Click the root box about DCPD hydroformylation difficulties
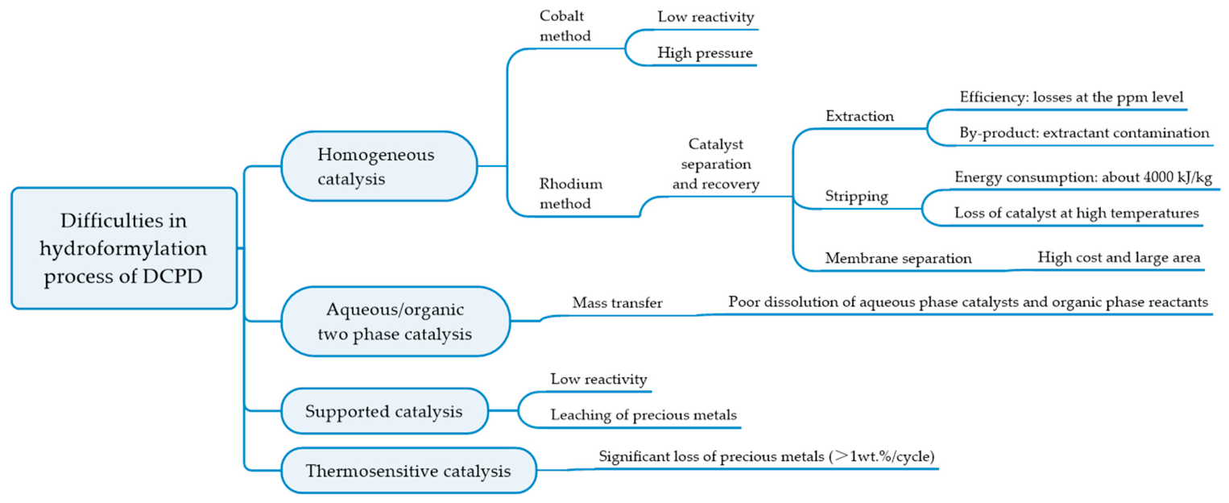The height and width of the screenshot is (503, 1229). (x=125, y=248)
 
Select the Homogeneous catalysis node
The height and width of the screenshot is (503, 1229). (x=379, y=166)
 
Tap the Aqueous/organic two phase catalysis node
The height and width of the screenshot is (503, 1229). (x=395, y=322)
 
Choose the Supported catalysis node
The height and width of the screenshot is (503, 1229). (x=385, y=411)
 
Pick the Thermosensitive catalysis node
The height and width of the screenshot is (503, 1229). (x=409, y=471)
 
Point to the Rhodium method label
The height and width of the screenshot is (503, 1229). (x=570, y=193)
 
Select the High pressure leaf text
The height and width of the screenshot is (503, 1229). (x=705, y=52)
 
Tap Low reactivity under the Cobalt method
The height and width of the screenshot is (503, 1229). (x=706, y=16)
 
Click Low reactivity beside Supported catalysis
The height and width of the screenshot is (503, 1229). (x=598, y=379)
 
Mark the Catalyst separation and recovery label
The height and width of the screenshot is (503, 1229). (x=716, y=164)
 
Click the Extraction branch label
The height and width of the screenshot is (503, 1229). (x=860, y=116)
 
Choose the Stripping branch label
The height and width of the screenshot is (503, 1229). (x=856, y=196)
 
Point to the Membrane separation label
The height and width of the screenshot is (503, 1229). (x=898, y=258)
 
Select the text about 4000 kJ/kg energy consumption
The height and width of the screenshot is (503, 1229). (x=1083, y=177)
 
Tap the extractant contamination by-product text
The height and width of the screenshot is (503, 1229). (x=1084, y=133)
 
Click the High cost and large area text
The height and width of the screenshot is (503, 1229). (x=1119, y=257)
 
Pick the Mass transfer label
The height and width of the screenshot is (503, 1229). (x=617, y=302)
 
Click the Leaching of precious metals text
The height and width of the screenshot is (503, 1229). (x=643, y=414)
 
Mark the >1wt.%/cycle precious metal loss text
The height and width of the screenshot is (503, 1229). (x=767, y=456)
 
